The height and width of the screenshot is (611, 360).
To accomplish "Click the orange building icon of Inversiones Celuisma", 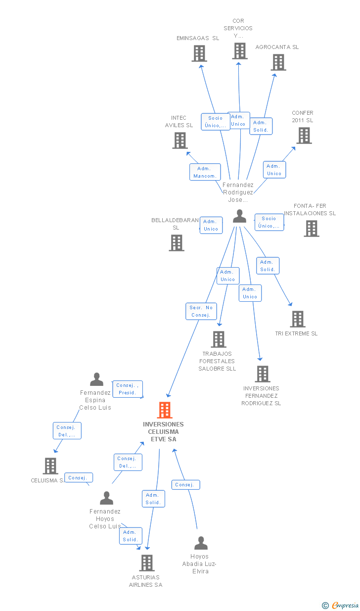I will point(165,410).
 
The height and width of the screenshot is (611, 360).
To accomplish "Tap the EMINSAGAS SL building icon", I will point(199,53).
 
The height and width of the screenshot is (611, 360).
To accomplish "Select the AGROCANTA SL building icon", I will point(278,62).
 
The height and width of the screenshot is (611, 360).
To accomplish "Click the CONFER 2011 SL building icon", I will point(304,136).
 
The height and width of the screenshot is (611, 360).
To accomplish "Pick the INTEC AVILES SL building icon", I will point(180,141).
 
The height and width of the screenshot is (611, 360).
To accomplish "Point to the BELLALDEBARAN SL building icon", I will point(176,243).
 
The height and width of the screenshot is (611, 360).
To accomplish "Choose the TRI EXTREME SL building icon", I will point(297,319).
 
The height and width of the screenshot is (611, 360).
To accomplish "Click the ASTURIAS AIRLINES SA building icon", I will point(146,563).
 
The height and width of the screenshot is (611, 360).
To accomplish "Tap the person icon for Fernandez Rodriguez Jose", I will point(239,216).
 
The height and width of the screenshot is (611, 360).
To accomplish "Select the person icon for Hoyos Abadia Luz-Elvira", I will point(201,543).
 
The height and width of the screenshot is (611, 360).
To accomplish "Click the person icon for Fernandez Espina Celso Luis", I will point(96,379).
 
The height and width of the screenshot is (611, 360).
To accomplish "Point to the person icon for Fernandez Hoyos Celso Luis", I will point(106,498).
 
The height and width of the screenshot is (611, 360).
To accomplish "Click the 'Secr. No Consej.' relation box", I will point(201,311).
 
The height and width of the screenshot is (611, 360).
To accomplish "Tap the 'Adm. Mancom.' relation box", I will point(205,172).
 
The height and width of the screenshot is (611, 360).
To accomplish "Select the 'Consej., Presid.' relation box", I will point(128,389).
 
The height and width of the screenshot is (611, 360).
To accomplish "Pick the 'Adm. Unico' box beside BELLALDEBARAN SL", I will point(211,225).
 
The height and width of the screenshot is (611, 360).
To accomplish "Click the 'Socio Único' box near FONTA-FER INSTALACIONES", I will point(269,222).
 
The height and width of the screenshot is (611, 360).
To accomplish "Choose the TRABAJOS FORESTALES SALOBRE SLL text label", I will point(217,361).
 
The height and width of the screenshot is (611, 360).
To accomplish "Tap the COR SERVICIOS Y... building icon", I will point(239,51).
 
